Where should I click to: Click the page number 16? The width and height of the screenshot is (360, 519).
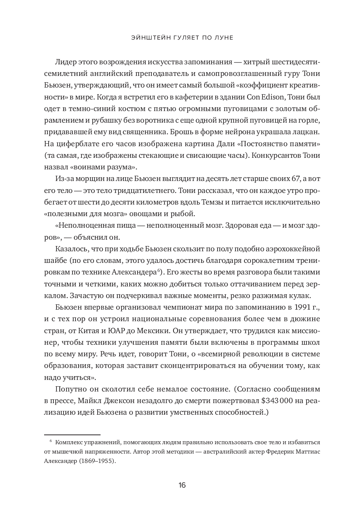tap(182, 485)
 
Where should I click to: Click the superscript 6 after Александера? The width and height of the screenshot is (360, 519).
tap(159, 270)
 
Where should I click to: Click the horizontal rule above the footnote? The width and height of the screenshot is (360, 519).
tap(72, 435)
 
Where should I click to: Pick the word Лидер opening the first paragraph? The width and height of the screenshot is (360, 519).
tap(65, 62)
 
